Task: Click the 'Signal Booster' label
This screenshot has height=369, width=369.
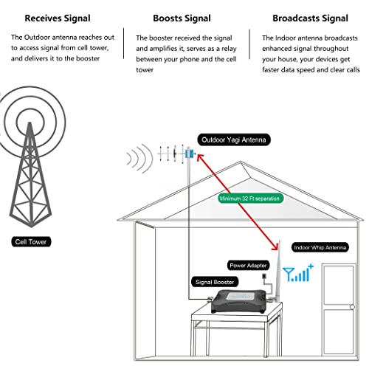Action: point(213,281)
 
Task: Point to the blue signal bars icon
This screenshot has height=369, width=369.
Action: point(300,275)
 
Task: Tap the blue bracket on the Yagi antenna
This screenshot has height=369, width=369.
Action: point(190,155)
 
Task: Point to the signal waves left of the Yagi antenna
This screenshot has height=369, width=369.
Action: point(136,157)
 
